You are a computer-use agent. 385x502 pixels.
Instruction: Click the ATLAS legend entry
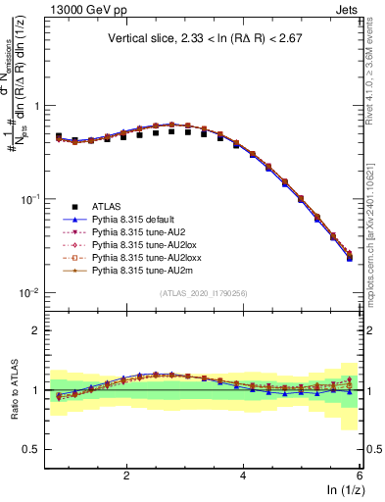coord(108,206)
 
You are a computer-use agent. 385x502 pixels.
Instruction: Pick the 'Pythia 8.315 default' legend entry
coord(137,221)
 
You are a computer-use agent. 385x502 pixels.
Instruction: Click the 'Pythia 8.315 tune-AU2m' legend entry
coord(141,281)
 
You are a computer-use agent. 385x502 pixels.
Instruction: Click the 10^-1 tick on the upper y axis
coord(31,199)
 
